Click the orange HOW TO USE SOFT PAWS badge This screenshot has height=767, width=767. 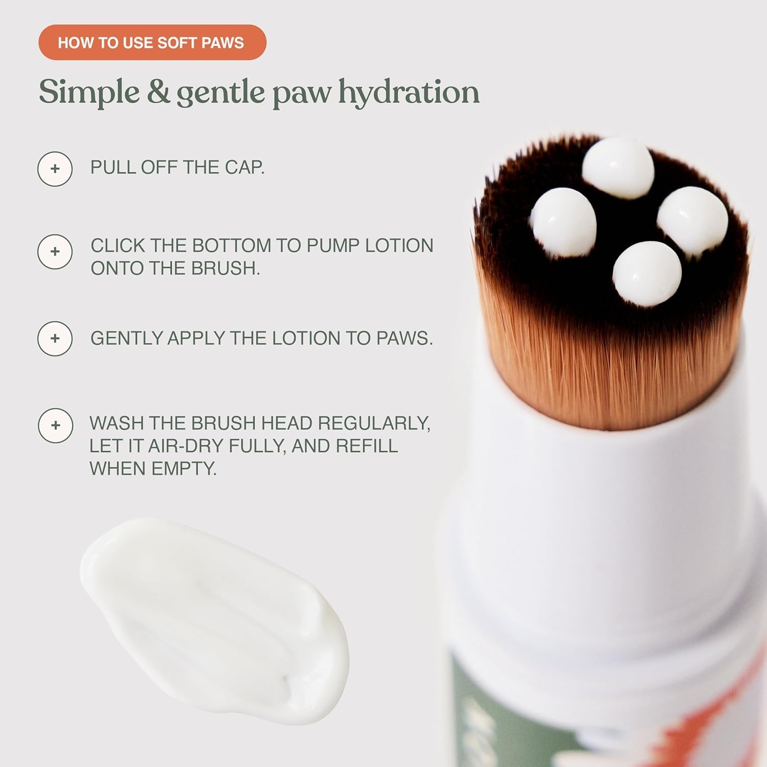click(152, 42)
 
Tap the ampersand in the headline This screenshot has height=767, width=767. click(159, 92)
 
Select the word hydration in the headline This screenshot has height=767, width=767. click(409, 93)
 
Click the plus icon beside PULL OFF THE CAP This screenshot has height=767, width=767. click(55, 169)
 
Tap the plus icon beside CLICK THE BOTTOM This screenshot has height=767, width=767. click(55, 252)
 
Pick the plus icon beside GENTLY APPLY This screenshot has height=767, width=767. click(55, 339)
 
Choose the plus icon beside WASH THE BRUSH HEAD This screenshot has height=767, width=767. click(55, 425)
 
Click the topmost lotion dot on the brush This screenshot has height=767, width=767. click(618, 167)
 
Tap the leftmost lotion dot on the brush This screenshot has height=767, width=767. click(563, 222)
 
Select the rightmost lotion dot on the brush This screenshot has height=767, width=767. click(692, 220)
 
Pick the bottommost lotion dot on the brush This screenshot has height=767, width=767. click(647, 274)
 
